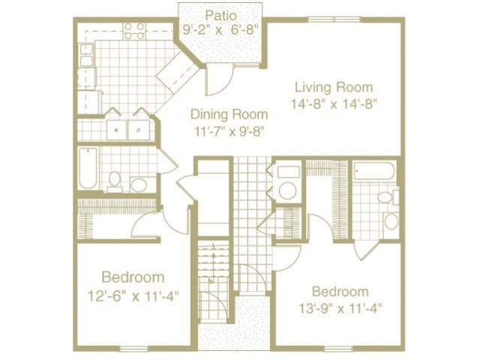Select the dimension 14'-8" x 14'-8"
tap(333, 103)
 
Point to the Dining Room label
tap(229, 114)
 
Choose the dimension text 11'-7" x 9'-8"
tap(229, 131)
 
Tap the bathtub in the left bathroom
tap(87, 169)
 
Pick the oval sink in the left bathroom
tap(139, 184)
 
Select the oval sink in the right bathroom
tap(391, 221)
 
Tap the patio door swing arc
tap(215, 75)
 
